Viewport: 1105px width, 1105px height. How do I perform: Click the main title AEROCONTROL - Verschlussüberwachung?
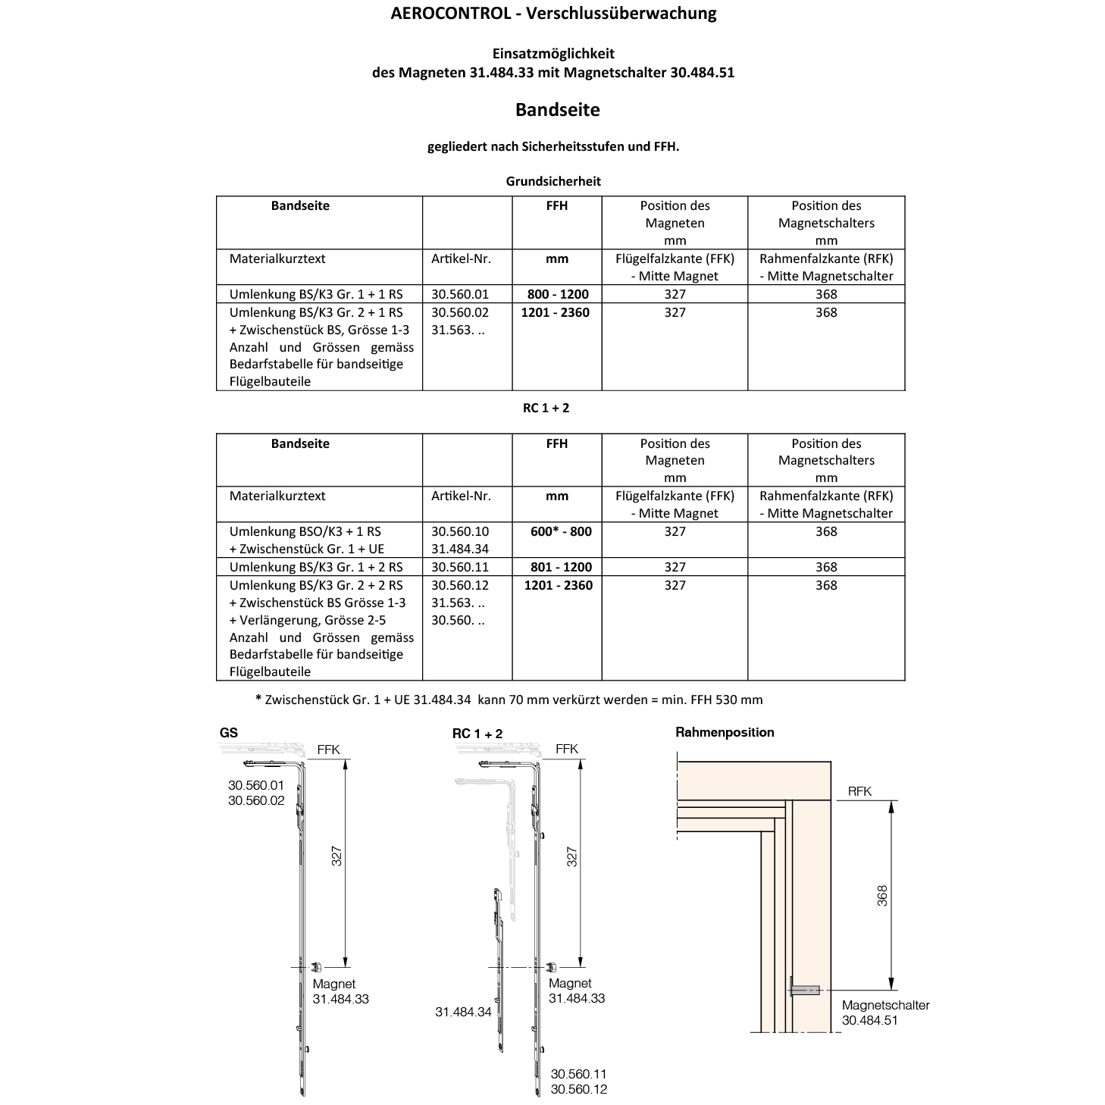click(x=553, y=13)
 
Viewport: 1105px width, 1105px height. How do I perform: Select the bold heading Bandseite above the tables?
click(x=557, y=110)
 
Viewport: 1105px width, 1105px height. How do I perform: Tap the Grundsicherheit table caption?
click(x=553, y=181)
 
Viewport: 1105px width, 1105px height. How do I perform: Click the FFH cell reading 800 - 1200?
click(x=557, y=294)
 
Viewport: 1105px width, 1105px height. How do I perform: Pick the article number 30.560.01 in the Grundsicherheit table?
click(x=460, y=294)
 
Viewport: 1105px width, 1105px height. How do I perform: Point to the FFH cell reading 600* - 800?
click(x=561, y=531)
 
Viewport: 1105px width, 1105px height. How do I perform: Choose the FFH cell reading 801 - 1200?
click(x=557, y=567)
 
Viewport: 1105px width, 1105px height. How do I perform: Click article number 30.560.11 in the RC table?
click(x=460, y=567)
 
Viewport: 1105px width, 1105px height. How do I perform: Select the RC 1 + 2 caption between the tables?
click(x=546, y=408)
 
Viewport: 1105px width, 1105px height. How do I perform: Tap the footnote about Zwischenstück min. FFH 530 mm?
click(x=509, y=700)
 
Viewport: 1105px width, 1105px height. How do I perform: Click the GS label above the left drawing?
click(x=228, y=733)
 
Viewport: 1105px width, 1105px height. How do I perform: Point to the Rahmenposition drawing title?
click(x=725, y=732)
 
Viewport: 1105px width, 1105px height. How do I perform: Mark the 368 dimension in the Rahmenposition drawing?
click(x=882, y=895)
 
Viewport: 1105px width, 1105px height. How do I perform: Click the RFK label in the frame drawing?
click(x=859, y=791)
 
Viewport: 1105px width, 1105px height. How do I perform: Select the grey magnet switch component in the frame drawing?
click(x=805, y=988)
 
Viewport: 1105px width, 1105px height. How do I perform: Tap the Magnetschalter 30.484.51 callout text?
click(x=885, y=1013)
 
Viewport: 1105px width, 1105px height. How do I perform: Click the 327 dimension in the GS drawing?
click(x=338, y=856)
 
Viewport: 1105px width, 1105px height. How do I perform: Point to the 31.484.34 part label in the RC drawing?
click(x=463, y=1012)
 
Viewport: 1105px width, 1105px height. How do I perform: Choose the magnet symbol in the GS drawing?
click(x=317, y=967)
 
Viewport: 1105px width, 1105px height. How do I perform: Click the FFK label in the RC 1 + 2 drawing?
click(x=566, y=749)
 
